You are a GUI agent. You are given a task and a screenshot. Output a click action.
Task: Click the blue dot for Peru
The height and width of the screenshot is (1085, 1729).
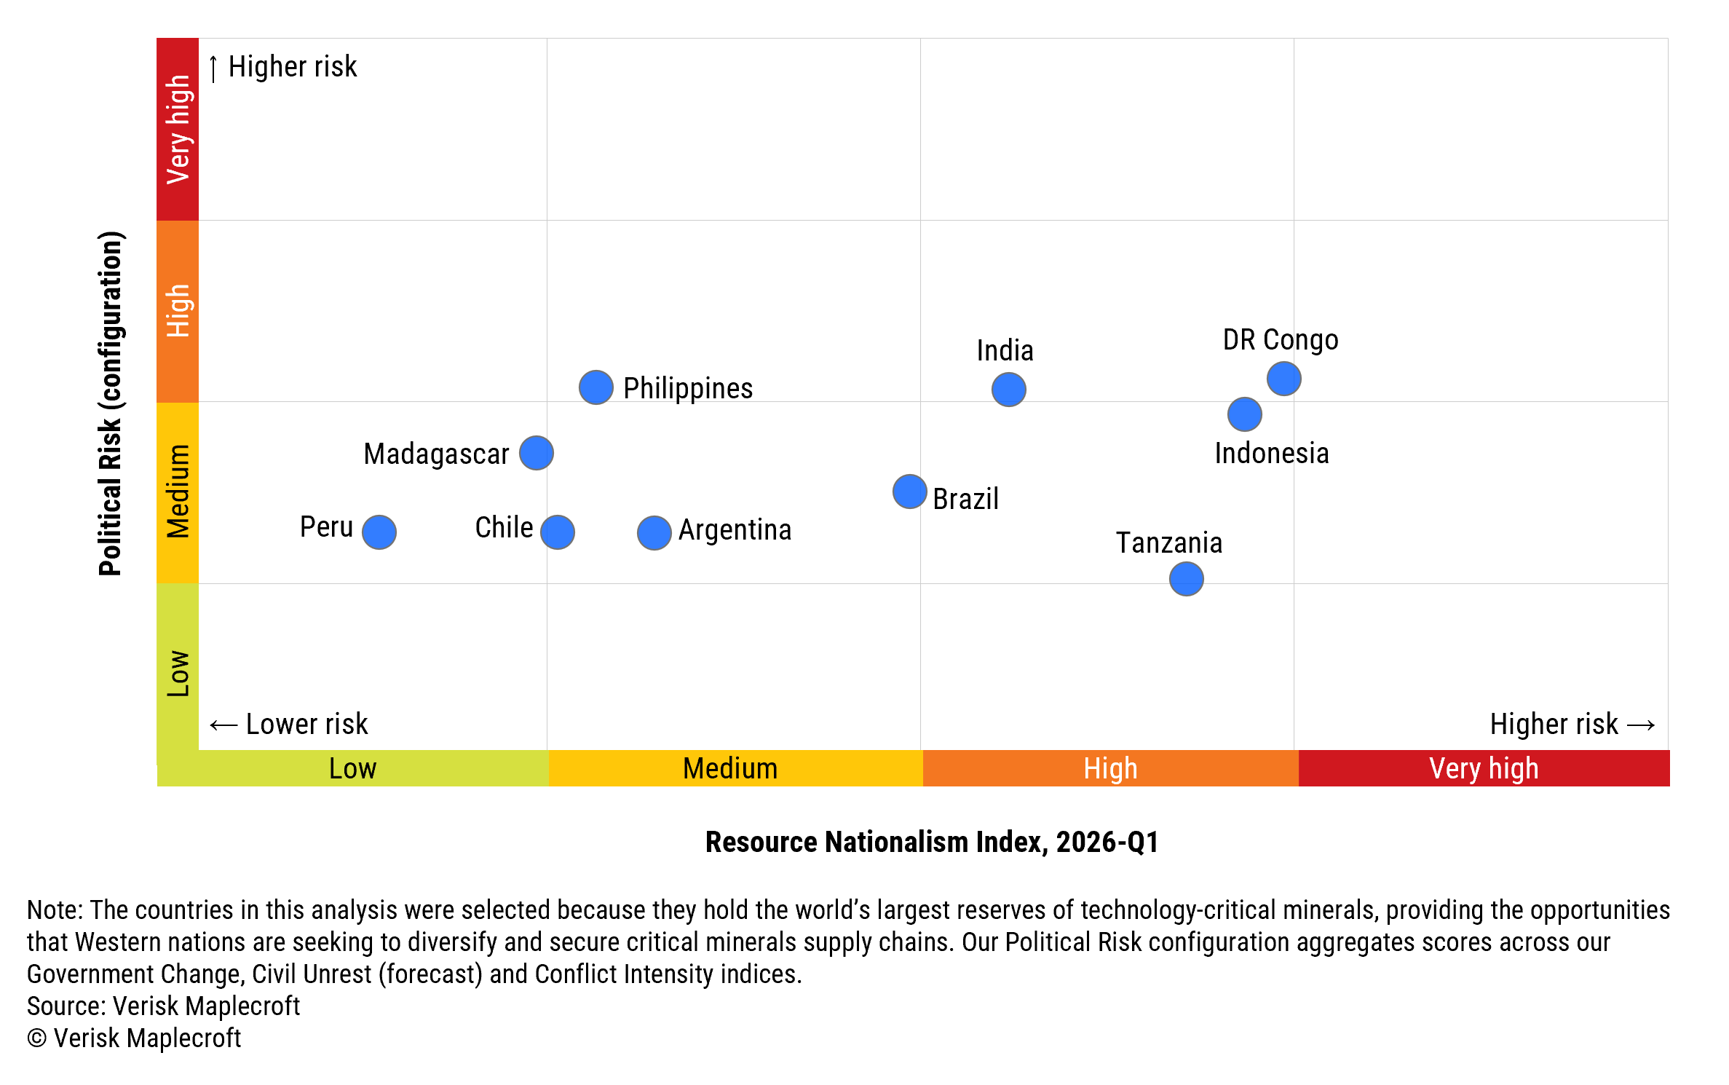[379, 532]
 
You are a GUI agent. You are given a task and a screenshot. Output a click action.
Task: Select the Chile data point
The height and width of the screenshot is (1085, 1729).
[558, 532]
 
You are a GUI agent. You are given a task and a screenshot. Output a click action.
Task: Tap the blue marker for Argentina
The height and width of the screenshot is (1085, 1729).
[654, 533]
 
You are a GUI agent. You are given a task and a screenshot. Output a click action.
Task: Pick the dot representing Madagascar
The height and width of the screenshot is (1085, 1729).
[537, 453]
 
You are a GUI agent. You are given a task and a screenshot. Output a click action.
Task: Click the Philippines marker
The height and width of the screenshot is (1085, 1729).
[596, 387]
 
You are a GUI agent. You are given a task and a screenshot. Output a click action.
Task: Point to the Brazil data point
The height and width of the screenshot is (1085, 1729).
[909, 492]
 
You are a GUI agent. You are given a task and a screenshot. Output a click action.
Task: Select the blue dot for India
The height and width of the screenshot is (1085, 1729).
[1008, 390]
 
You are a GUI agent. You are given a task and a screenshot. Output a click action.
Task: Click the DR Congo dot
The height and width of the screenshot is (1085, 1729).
[1283, 379]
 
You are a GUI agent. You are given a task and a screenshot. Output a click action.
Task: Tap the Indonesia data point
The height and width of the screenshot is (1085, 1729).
[1244, 414]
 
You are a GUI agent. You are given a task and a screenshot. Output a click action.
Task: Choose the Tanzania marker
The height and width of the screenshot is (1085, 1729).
[1186, 579]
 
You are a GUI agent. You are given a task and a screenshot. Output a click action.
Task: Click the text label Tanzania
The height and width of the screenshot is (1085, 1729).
[1168, 543]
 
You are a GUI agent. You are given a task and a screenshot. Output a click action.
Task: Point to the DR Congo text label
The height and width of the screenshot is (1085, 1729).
[1280, 340]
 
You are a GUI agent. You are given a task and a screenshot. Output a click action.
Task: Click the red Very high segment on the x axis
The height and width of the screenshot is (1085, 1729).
[1483, 769]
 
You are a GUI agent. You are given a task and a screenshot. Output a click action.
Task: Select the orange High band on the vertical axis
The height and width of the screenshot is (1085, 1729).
[178, 311]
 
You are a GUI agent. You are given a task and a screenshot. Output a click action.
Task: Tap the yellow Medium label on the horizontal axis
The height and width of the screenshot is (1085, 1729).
[730, 769]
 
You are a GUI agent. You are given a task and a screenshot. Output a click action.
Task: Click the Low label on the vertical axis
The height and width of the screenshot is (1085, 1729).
[178, 674]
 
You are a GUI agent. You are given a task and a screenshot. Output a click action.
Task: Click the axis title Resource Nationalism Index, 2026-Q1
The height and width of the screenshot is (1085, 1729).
[931, 843]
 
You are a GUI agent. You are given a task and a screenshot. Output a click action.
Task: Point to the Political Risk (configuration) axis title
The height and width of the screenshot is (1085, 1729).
[111, 403]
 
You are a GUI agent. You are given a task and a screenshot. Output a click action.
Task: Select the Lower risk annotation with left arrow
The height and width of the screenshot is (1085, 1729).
[289, 725]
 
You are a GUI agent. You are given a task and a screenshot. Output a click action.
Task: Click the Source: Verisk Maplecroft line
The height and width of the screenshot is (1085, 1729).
[164, 1006]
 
